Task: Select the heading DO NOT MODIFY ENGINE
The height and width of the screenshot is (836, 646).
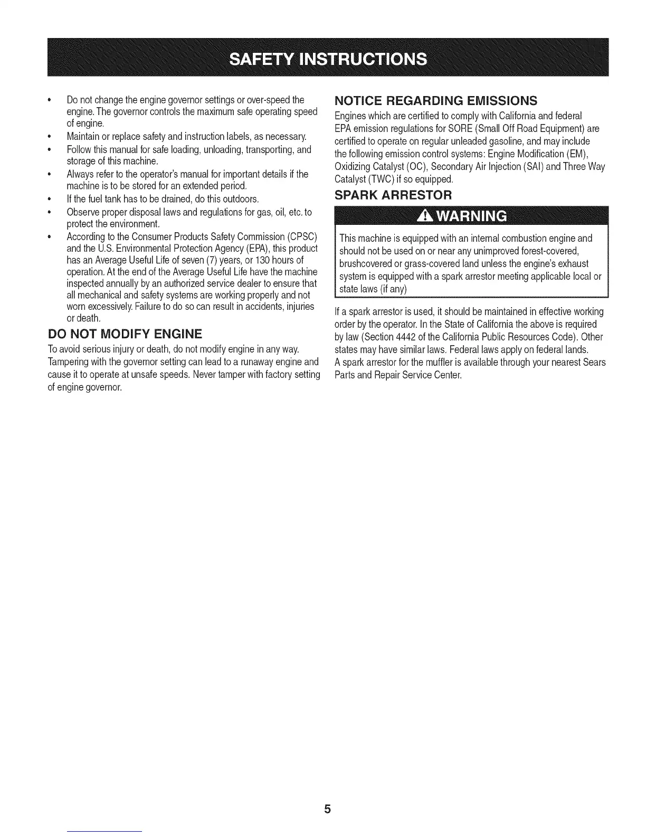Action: coord(125,334)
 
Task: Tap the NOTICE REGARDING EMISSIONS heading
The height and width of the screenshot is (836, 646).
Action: coord(436,100)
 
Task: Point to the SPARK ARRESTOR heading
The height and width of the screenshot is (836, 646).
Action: coord(393,195)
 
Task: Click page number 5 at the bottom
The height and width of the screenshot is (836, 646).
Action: coord(327,809)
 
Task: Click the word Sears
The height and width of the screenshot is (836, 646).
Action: coord(595,363)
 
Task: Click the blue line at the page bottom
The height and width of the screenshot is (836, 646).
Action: coord(105,831)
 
